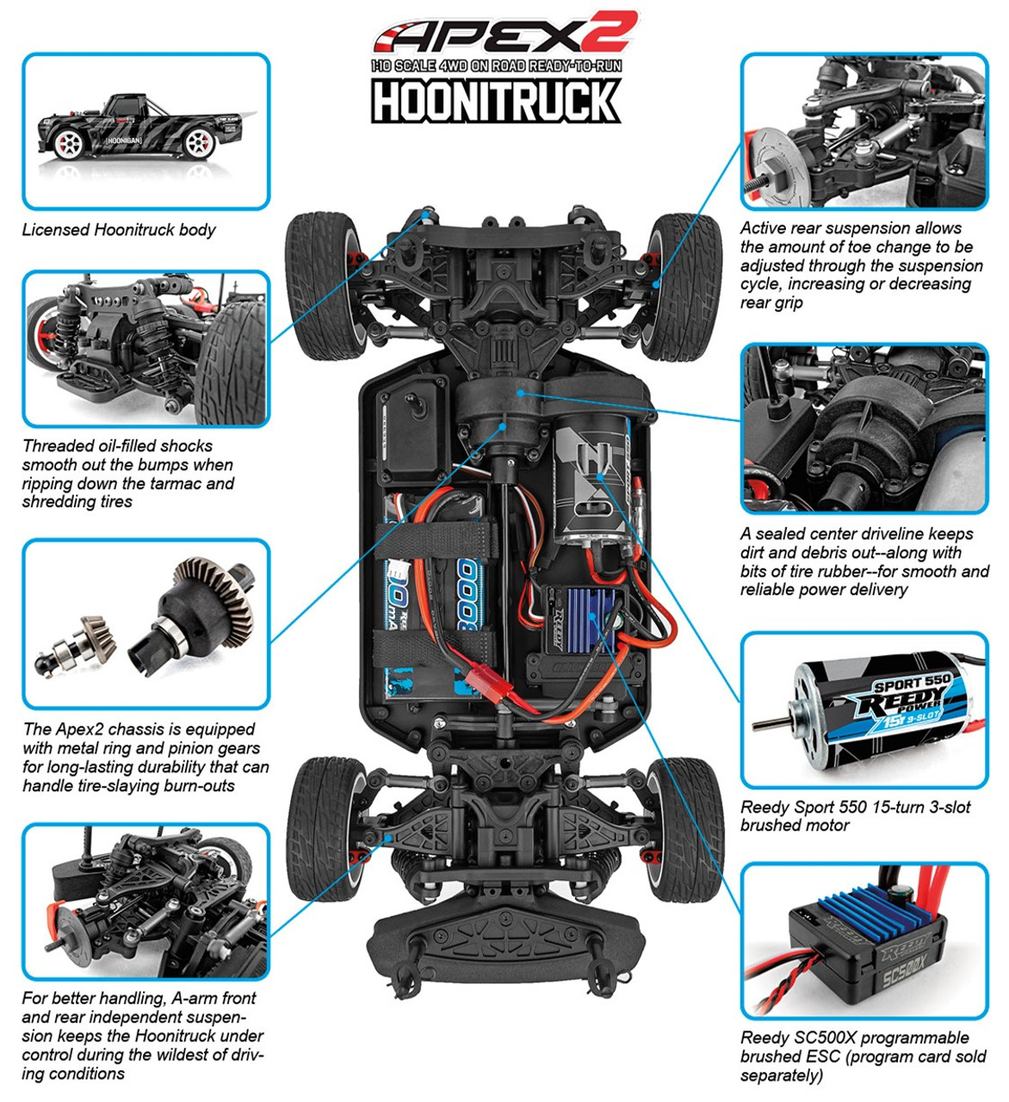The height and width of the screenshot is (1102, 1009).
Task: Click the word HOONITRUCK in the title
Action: (x=496, y=101)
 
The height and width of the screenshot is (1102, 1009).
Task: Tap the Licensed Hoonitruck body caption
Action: (x=119, y=230)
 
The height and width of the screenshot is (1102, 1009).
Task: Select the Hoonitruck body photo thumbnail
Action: (x=145, y=131)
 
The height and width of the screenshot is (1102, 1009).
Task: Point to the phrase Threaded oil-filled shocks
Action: (x=117, y=446)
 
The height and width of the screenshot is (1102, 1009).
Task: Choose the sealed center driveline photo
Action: (x=864, y=429)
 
